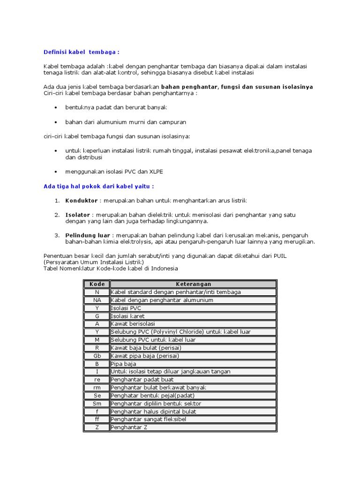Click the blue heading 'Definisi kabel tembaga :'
pos(82,52)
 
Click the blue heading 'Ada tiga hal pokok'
pos(98,186)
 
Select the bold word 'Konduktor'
pos(82,201)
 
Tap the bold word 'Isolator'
pos(78,215)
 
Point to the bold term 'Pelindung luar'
pos(88,235)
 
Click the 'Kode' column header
pos(97,284)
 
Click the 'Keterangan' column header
pos(193,284)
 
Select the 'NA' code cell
pos(97,300)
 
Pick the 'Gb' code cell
pos(97,356)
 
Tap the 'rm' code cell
pos(97,388)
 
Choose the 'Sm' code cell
pos(97,404)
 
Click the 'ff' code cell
pos(97,420)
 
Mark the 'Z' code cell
pos(97,427)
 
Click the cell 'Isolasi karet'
pos(127,316)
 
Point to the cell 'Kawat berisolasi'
pos(133,324)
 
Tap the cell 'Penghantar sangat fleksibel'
pos(149,420)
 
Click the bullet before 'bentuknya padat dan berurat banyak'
pos(56,108)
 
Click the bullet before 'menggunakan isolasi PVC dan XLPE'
pos(56,172)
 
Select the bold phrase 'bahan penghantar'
pos(189,87)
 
